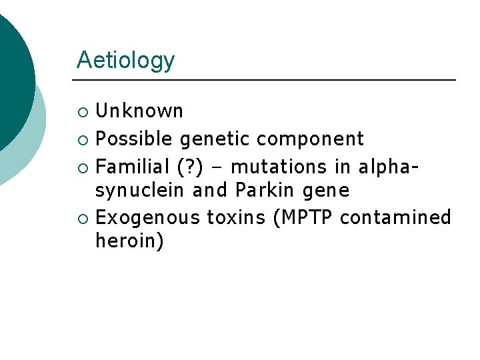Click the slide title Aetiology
tap(125, 61)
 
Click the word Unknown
tap(139, 111)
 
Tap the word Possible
tap(135, 139)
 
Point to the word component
tap(310, 139)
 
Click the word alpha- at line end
tap(389, 166)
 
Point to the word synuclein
tap(140, 191)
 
